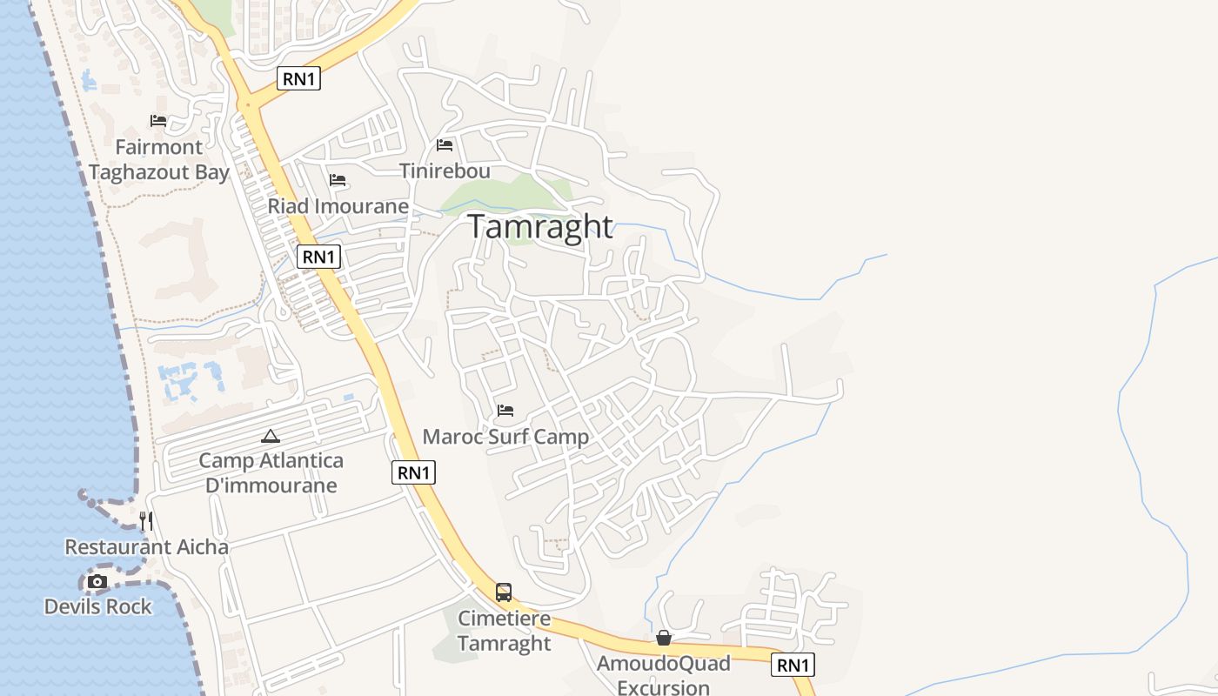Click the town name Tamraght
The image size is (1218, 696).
click(540, 226)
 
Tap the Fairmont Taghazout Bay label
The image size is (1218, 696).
click(158, 159)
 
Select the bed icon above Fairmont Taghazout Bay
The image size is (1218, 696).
click(158, 121)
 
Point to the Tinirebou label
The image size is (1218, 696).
click(445, 171)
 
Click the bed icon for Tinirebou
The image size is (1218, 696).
click(445, 145)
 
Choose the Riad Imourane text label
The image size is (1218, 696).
click(338, 206)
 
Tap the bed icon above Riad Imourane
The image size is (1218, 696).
click(338, 180)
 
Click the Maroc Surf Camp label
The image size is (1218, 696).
click(505, 437)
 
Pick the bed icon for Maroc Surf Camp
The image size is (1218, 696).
click(505, 410)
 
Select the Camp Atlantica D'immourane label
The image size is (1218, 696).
click(271, 472)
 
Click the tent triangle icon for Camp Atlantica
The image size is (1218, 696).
click(271, 436)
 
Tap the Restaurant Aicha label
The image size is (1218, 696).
click(147, 547)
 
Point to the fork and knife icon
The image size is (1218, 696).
click(147, 521)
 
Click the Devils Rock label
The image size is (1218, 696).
click(98, 606)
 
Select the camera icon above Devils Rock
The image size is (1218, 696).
click(97, 581)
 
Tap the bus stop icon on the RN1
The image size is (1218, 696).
click(504, 592)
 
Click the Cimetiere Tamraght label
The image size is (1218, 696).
click(504, 631)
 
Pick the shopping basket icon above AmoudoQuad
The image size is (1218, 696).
click(664, 639)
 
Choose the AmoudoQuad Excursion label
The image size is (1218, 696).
click(664, 675)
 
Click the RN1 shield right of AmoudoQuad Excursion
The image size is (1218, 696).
click(793, 666)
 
